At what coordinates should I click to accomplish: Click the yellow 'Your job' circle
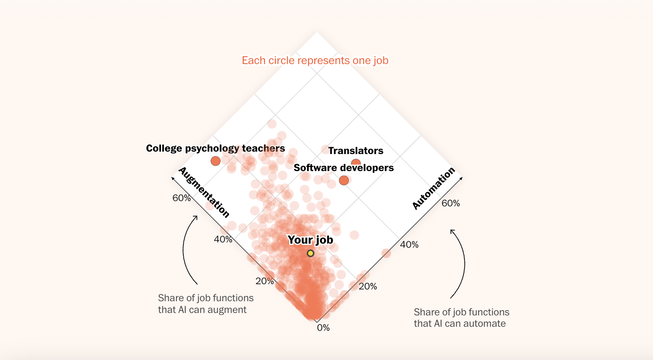click(x=310, y=253)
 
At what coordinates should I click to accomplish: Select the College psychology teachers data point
click(x=215, y=161)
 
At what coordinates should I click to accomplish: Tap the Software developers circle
click(x=344, y=180)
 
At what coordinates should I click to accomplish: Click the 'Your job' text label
click(x=310, y=240)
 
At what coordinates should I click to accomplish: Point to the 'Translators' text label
click(x=356, y=151)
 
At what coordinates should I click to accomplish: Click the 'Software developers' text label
click(x=344, y=168)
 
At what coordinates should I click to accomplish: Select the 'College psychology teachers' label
click(x=215, y=148)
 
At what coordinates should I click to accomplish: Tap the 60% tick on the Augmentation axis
click(x=181, y=198)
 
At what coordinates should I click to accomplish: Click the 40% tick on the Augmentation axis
click(x=223, y=239)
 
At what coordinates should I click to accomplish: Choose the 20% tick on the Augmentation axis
click(x=264, y=281)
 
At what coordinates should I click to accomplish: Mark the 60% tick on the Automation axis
click(x=451, y=203)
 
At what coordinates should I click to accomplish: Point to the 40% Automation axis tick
click(x=409, y=244)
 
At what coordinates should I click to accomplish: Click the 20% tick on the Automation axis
click(x=368, y=286)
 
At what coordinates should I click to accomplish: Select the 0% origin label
click(x=323, y=328)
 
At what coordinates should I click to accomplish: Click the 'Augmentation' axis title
click(x=204, y=192)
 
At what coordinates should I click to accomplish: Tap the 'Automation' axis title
click(x=434, y=189)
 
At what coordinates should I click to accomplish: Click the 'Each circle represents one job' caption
click(x=315, y=60)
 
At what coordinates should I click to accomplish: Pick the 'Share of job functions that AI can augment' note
click(x=206, y=304)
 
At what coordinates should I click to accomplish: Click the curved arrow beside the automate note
click(x=460, y=264)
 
